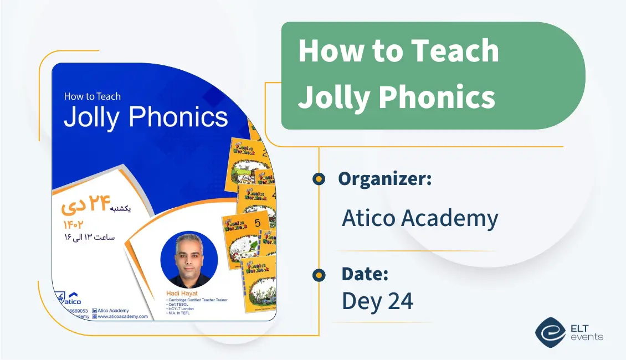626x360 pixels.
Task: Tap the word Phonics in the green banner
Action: coord(438,97)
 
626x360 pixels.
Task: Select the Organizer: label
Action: coord(385,178)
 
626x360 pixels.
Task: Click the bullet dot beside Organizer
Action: coord(319,178)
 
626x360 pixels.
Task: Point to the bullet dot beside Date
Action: coord(319,275)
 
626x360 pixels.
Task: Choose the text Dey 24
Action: coord(377,301)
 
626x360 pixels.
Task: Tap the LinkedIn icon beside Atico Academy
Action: coord(95,311)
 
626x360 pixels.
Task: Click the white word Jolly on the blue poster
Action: coord(93,117)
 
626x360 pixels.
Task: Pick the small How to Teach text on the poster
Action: coord(92,96)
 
